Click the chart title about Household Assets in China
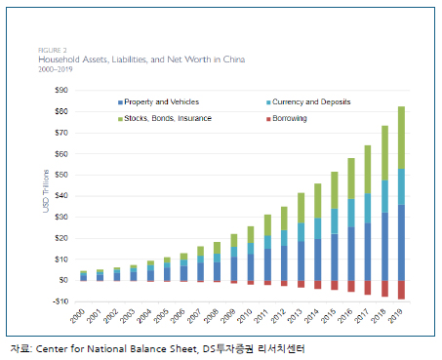click(x=141, y=60)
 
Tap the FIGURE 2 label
click(x=53, y=51)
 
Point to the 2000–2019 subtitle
click(x=56, y=69)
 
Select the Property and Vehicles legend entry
click(x=158, y=101)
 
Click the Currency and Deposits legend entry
click(x=308, y=101)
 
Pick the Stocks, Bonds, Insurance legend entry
click(x=165, y=118)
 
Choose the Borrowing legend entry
click(x=287, y=118)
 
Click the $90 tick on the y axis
click(x=61, y=90)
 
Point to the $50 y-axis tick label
click(x=61, y=175)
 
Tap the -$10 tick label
click(x=60, y=301)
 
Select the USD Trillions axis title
click(x=46, y=191)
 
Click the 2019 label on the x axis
click(x=395, y=316)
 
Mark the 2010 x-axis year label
click(x=245, y=316)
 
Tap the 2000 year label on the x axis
click(x=77, y=316)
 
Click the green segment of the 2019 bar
click(x=401, y=138)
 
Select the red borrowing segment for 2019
click(x=401, y=290)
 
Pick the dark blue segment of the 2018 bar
click(x=384, y=247)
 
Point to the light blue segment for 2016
click(x=351, y=213)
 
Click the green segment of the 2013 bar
click(x=301, y=208)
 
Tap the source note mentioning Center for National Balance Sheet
click(x=157, y=349)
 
